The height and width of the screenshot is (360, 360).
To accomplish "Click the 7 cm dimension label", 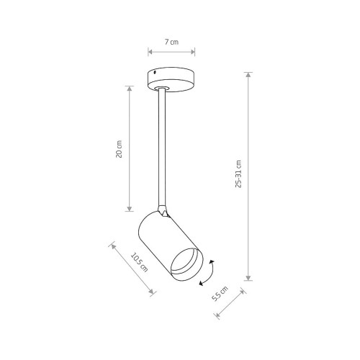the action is tap(171, 42).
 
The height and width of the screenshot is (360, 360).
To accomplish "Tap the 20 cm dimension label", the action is tap(119, 149).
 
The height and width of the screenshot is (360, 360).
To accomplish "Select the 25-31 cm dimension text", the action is tap(238, 174).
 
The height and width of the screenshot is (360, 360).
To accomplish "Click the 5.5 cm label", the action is tap(220, 294).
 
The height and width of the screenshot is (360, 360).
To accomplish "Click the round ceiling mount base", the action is tap(171, 79).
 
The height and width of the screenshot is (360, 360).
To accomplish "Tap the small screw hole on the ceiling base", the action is tap(156, 72).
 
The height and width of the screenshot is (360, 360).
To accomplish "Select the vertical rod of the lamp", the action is tap(162, 148).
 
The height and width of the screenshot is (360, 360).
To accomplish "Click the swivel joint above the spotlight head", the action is tap(163, 210).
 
